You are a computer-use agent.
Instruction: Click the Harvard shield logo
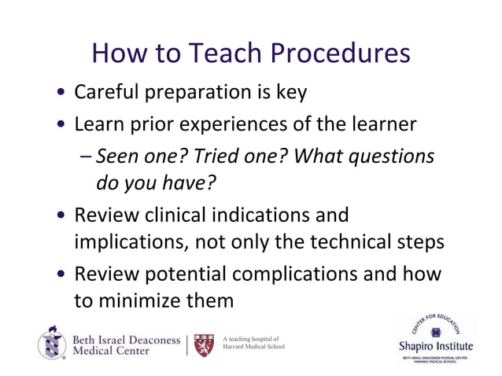coord(204,344)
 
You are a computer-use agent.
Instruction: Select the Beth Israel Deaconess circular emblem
coord(51,343)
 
